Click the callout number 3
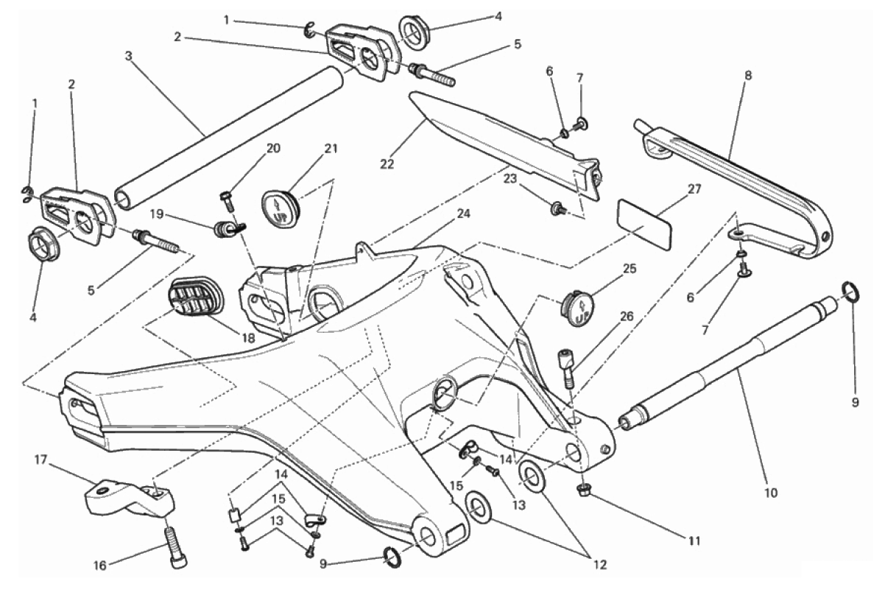pyautogui.click(x=128, y=57)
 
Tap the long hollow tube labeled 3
pyautogui.click(x=229, y=138)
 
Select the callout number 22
pyautogui.click(x=387, y=163)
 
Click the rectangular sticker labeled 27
pyautogui.click(x=644, y=223)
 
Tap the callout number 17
pyautogui.click(x=40, y=460)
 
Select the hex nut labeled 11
pyautogui.click(x=584, y=490)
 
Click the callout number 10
pyautogui.click(x=771, y=493)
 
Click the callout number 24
pyautogui.click(x=463, y=214)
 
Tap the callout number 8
pyautogui.click(x=748, y=75)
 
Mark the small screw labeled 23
pyautogui.click(x=558, y=207)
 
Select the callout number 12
pyautogui.click(x=600, y=565)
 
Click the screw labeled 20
pyautogui.click(x=228, y=202)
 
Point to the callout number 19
pyautogui.click(x=158, y=214)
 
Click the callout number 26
pyautogui.click(x=627, y=317)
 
